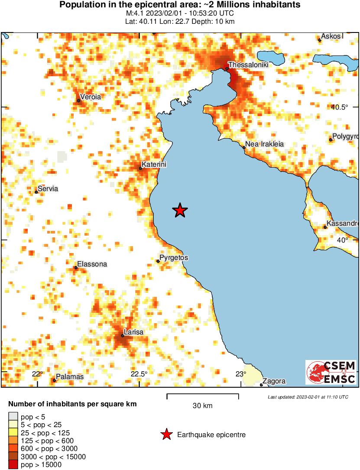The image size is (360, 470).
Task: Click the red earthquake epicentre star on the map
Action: [180, 211]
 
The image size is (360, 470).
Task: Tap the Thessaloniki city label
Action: [248, 65]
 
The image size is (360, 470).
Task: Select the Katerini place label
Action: [154, 165]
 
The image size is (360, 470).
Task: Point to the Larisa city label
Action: [133, 332]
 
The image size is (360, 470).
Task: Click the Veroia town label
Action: [91, 97]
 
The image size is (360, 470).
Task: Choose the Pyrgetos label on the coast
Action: [174, 258]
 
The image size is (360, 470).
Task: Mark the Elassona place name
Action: [92, 264]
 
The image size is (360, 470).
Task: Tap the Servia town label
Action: [48, 188]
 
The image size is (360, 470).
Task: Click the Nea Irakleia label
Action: [264, 144]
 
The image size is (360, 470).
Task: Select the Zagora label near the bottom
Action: [274, 381]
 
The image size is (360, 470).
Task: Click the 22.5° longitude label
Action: [139, 374]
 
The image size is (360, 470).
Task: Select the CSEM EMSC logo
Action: [331, 372]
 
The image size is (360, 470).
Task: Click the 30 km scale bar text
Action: [202, 406]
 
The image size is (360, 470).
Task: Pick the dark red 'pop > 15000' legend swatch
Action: [13, 465]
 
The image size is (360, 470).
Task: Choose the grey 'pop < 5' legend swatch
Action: [13, 417]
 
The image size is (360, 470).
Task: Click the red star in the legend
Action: [166, 434]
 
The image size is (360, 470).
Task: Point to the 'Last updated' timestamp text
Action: [308, 397]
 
